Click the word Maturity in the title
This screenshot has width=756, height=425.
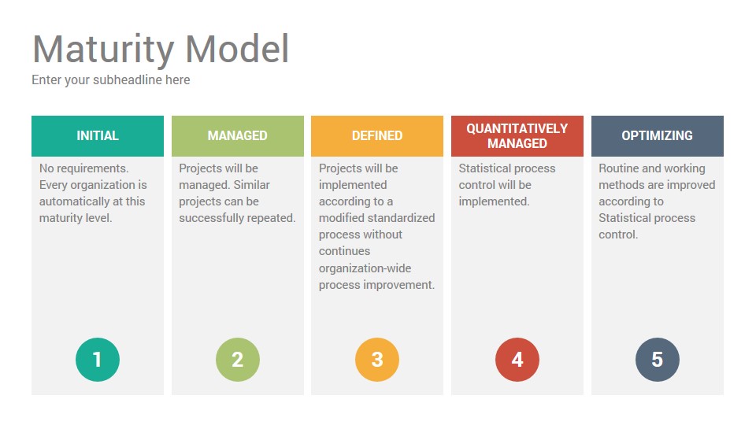[104, 49]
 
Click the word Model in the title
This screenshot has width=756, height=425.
[237, 49]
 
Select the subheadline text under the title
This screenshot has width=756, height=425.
[111, 80]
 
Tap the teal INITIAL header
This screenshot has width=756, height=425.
[98, 136]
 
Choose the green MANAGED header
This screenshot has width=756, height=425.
[238, 136]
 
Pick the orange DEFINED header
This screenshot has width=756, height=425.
[377, 136]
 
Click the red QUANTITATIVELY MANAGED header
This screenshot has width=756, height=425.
[517, 136]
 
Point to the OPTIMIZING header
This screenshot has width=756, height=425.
[657, 136]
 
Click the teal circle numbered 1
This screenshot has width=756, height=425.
[98, 360]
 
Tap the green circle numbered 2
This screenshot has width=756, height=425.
[238, 360]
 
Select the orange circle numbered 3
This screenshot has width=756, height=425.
[377, 360]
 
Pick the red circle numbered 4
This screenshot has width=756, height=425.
[517, 360]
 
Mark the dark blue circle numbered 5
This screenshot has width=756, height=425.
[657, 360]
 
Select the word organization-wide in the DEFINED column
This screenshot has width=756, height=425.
[365, 268]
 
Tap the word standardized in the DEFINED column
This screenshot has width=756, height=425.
[406, 218]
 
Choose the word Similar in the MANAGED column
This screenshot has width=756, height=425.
[252, 185]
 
